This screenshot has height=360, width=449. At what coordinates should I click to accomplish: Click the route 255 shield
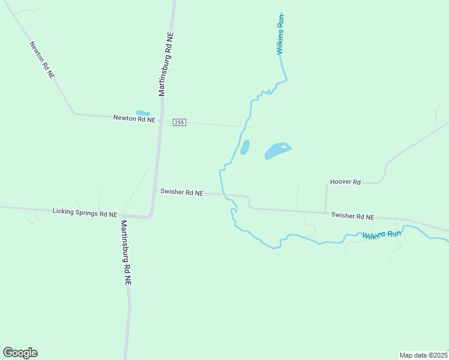(x=179, y=122)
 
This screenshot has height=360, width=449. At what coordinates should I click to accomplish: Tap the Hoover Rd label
(x=345, y=182)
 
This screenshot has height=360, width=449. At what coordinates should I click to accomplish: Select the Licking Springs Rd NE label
(x=85, y=212)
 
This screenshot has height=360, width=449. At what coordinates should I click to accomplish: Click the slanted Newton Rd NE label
(x=42, y=60)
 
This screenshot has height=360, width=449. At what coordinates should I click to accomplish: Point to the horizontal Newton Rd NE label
(x=134, y=119)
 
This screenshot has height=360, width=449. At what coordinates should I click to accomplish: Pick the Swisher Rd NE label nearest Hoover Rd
(x=353, y=216)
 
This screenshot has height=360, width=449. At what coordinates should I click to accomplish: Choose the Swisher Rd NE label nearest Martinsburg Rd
(x=182, y=193)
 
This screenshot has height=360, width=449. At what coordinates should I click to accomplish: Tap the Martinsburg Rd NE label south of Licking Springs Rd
(x=125, y=252)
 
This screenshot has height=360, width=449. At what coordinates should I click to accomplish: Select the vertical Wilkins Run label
(x=280, y=34)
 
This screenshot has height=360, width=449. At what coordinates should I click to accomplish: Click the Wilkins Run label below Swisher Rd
(x=381, y=235)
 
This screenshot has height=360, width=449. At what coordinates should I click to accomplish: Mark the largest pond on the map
(x=277, y=151)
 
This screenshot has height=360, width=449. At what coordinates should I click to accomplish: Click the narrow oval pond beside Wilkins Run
(x=245, y=147)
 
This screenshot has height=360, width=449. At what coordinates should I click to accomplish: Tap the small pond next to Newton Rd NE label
(x=142, y=112)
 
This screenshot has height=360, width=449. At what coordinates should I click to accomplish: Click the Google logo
(x=20, y=353)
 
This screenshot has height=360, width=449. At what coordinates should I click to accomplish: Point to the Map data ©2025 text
(x=423, y=355)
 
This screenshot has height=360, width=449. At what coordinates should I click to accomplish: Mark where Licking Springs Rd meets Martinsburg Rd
(x=149, y=216)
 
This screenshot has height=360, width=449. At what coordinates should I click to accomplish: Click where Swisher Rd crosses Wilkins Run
(x=223, y=194)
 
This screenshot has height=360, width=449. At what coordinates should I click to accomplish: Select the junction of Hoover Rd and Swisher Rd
(x=326, y=212)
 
